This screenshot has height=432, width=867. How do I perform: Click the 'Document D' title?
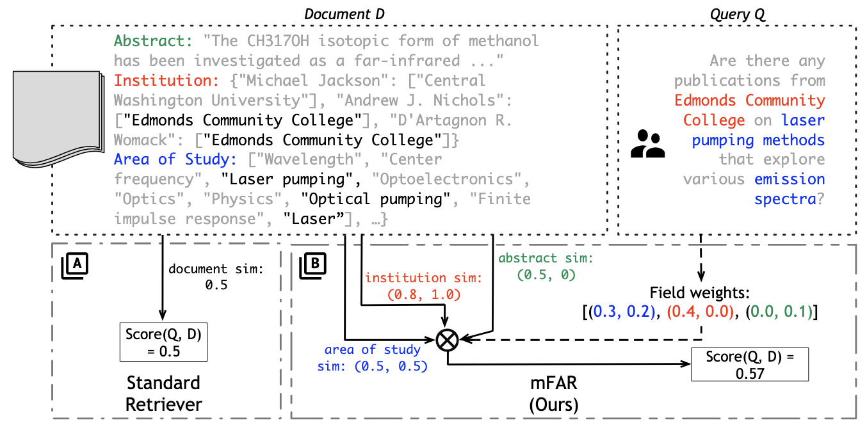(x=344, y=13)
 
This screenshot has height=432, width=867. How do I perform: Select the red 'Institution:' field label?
(x=166, y=81)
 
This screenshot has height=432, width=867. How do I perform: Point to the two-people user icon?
(x=647, y=144)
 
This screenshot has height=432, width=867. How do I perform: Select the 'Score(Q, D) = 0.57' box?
(x=749, y=364)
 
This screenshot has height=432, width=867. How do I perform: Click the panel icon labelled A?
(x=75, y=264)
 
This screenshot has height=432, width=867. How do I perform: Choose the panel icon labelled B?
(x=314, y=264)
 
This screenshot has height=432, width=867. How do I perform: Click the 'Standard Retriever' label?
(x=163, y=394)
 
